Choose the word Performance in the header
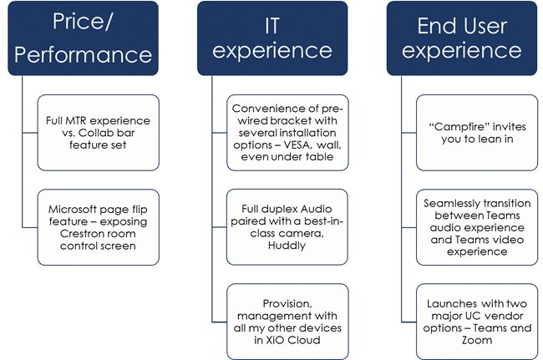83,54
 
